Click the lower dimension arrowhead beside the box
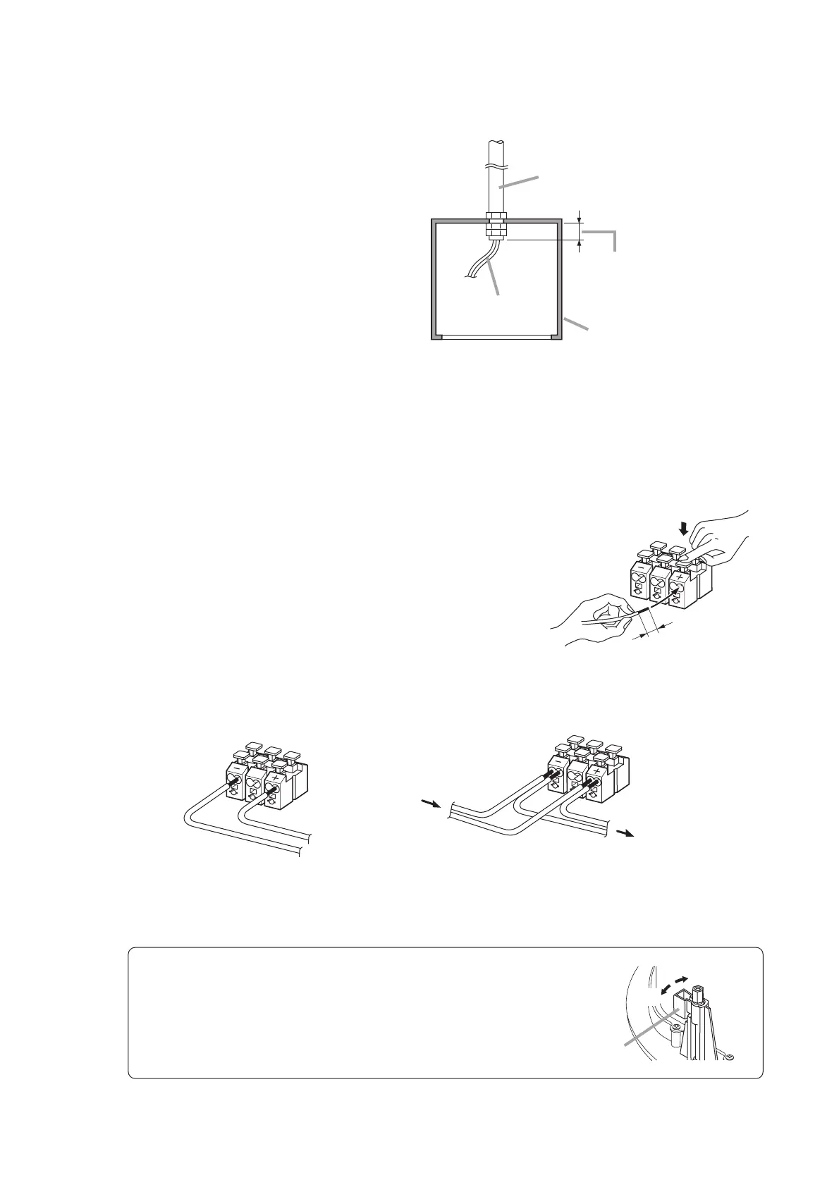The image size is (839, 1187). click(580, 245)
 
